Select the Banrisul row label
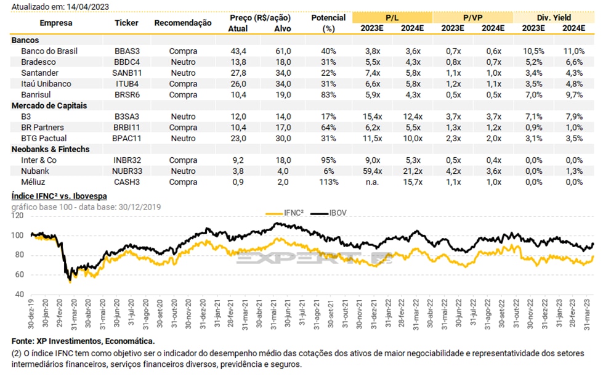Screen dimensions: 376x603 [x=36, y=94]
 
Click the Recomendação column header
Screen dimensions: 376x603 [x=183, y=23]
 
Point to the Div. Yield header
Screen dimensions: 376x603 [x=553, y=17]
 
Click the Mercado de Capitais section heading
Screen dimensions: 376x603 [x=49, y=105]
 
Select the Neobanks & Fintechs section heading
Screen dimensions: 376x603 [x=51, y=149]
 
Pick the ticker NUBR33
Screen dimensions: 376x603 [x=127, y=171]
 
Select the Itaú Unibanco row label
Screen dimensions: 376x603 [x=46, y=83]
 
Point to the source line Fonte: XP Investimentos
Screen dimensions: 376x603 [x=83, y=341]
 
